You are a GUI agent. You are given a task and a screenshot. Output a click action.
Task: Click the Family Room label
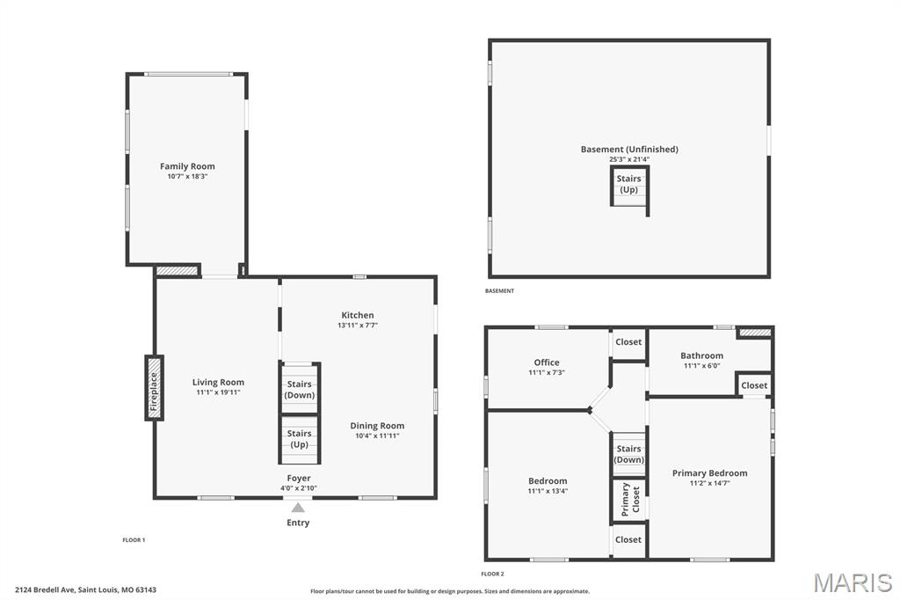tap(187, 166)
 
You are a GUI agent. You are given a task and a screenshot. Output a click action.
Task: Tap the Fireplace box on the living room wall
tap(154, 387)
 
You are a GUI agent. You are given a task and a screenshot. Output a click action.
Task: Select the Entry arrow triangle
tap(298, 508)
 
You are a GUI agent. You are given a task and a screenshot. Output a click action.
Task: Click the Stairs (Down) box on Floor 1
tap(299, 389)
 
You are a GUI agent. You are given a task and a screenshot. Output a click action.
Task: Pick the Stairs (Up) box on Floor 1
tap(299, 438)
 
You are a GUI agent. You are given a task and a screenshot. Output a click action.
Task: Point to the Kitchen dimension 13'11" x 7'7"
tap(358, 326)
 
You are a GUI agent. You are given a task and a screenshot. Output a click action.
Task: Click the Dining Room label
tap(377, 426)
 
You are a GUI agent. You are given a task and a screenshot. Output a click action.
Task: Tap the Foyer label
tap(299, 479)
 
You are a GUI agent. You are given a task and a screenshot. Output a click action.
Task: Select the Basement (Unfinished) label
tap(629, 150)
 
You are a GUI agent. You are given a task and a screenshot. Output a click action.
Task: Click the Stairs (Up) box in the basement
tap(629, 185)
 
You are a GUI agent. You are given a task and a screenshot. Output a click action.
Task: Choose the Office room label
tap(547, 362)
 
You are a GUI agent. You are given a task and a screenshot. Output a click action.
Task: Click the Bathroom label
tap(701, 355)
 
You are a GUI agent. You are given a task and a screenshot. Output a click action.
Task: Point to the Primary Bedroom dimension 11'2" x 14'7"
tap(709, 483)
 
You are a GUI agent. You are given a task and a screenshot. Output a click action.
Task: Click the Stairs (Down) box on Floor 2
tap(629, 454)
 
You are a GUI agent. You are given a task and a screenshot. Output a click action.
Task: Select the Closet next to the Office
tap(628, 342)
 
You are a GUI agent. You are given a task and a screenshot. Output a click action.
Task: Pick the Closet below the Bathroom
tap(754, 385)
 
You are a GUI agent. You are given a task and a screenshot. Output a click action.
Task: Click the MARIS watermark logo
tap(853, 582)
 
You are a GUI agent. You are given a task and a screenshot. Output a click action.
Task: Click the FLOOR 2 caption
tap(492, 574)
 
